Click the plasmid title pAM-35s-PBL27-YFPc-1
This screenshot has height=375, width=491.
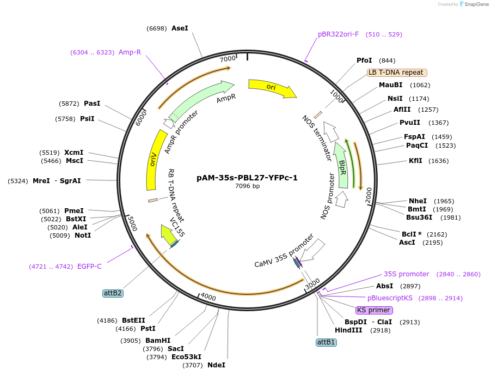pos(247,178)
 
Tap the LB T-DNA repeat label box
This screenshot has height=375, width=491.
pos(397,72)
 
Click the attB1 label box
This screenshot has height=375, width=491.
pos(326,342)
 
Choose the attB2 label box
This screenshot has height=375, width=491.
pos(113,293)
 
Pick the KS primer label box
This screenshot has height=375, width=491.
pos(373,310)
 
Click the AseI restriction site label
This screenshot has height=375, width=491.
pos(180,28)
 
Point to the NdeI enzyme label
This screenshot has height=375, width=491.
pos(216,365)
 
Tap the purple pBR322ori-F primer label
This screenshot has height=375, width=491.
pos(338,34)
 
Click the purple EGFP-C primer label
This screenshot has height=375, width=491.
pos(89,267)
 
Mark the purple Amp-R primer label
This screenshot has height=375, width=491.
pos(130,52)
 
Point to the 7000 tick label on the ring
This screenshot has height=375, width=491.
pos(228,58)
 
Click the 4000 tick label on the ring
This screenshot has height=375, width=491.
pos(208,297)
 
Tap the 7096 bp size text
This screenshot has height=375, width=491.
pos(247,186)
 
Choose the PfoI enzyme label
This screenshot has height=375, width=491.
pos(364,61)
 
